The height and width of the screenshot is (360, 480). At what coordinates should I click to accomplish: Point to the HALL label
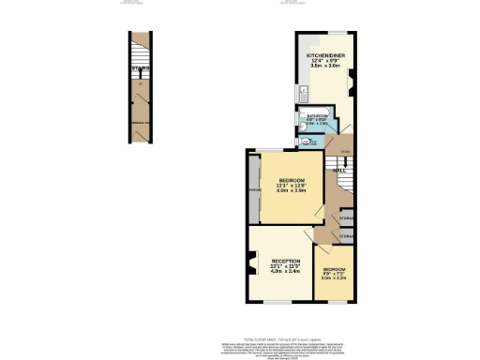point(340,171)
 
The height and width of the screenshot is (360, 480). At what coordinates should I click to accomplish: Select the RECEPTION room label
point(286,261)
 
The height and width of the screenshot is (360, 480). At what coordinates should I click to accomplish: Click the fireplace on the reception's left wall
point(252,265)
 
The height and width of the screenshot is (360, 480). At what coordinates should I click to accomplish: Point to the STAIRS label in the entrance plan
point(140,67)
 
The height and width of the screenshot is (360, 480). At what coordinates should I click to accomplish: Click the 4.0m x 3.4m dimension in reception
point(286,273)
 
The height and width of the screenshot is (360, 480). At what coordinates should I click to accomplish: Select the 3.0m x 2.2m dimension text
point(335,277)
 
